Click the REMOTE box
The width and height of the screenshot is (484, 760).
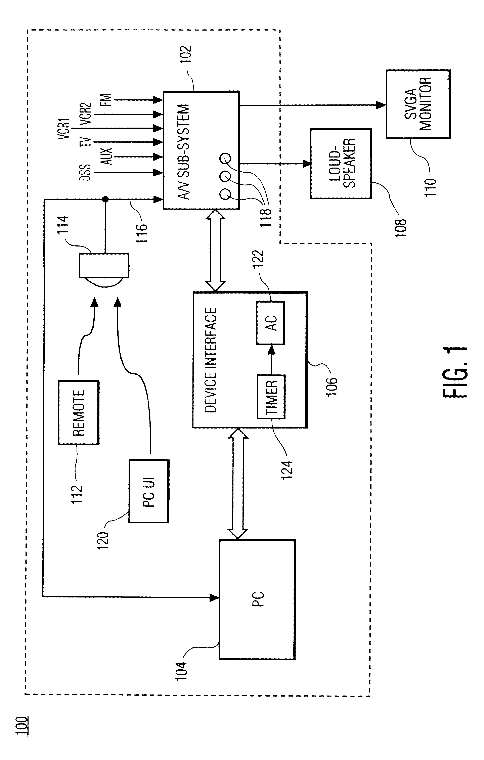[79, 412]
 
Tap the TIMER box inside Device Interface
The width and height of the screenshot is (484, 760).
[271, 397]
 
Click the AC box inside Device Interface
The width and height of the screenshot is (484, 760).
[271, 323]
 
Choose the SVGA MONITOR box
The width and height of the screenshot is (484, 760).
[418, 104]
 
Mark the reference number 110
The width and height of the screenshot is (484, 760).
[430, 187]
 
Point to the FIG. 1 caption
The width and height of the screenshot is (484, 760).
[455, 372]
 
